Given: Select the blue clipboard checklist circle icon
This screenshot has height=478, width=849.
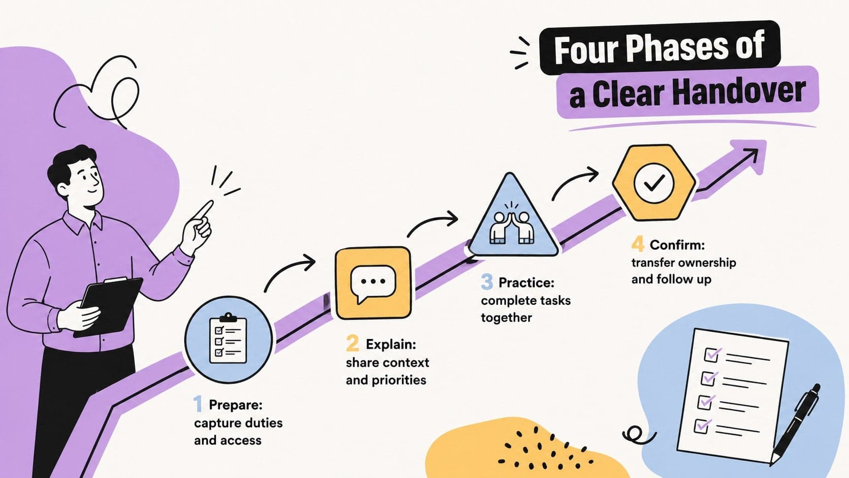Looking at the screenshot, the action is point(228,339).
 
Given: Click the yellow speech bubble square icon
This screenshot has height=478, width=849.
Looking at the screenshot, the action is point(373,282).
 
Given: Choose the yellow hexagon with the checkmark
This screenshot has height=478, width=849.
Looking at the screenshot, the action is point(654,183).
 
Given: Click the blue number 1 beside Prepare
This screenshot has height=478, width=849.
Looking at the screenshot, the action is point(198,404).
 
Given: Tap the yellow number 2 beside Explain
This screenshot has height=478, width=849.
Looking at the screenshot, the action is point(352,343).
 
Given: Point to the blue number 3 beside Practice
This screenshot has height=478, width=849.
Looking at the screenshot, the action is point(487,281).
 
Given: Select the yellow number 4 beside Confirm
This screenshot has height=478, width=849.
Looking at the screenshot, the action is point(638,244).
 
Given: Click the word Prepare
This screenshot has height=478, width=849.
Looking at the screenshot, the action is point(236,405).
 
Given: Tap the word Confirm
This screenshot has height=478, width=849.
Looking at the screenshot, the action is point(677,245).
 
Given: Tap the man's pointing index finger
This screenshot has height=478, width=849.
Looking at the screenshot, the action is point(204,210).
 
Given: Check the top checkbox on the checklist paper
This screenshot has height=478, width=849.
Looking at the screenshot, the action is point(711,355).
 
